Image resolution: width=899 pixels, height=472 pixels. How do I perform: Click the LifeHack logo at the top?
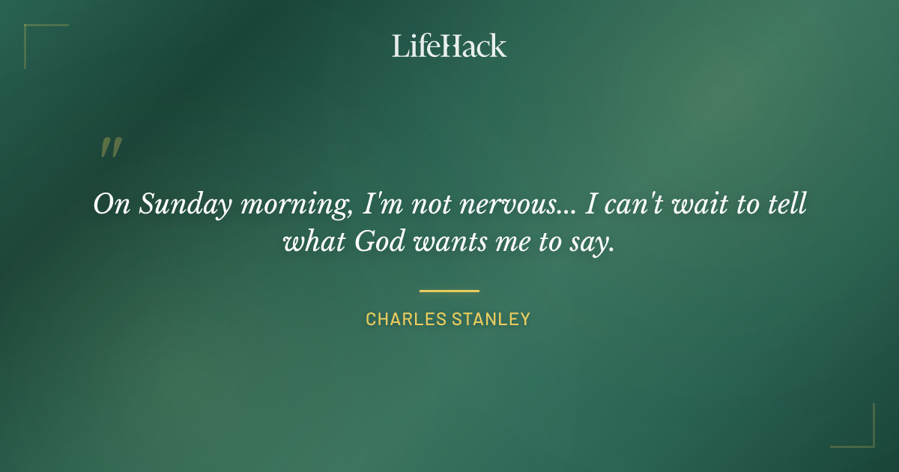[449, 46]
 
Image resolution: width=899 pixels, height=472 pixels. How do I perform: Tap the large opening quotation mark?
[110, 148]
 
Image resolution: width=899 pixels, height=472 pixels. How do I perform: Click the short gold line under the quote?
[449, 291]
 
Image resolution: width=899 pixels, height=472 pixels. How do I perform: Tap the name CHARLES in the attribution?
[405, 319]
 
